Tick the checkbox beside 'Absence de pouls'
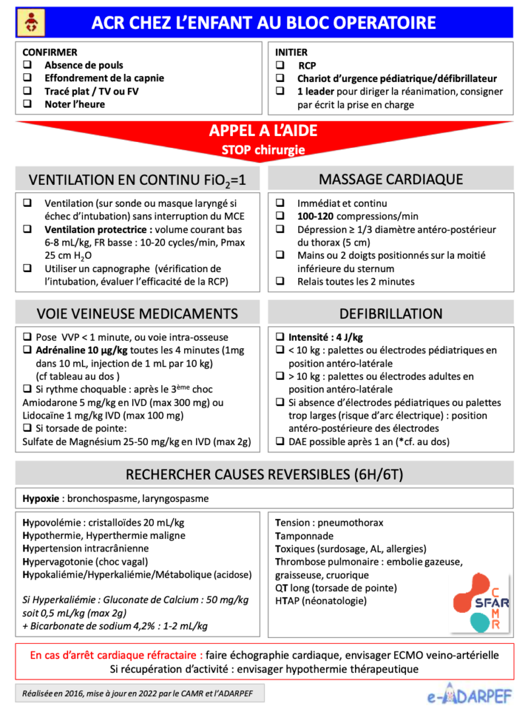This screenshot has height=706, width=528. tap(28, 65)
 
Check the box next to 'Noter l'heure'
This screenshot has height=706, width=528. tap(28, 104)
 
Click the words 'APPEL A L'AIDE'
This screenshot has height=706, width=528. tap(263, 131)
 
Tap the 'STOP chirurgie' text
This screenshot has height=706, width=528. tap(263, 149)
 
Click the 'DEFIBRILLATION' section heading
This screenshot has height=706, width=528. tap(391, 314)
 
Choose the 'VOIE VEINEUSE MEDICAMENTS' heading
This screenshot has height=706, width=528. tap(137, 314)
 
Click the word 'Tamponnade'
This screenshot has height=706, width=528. tap(304, 536)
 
